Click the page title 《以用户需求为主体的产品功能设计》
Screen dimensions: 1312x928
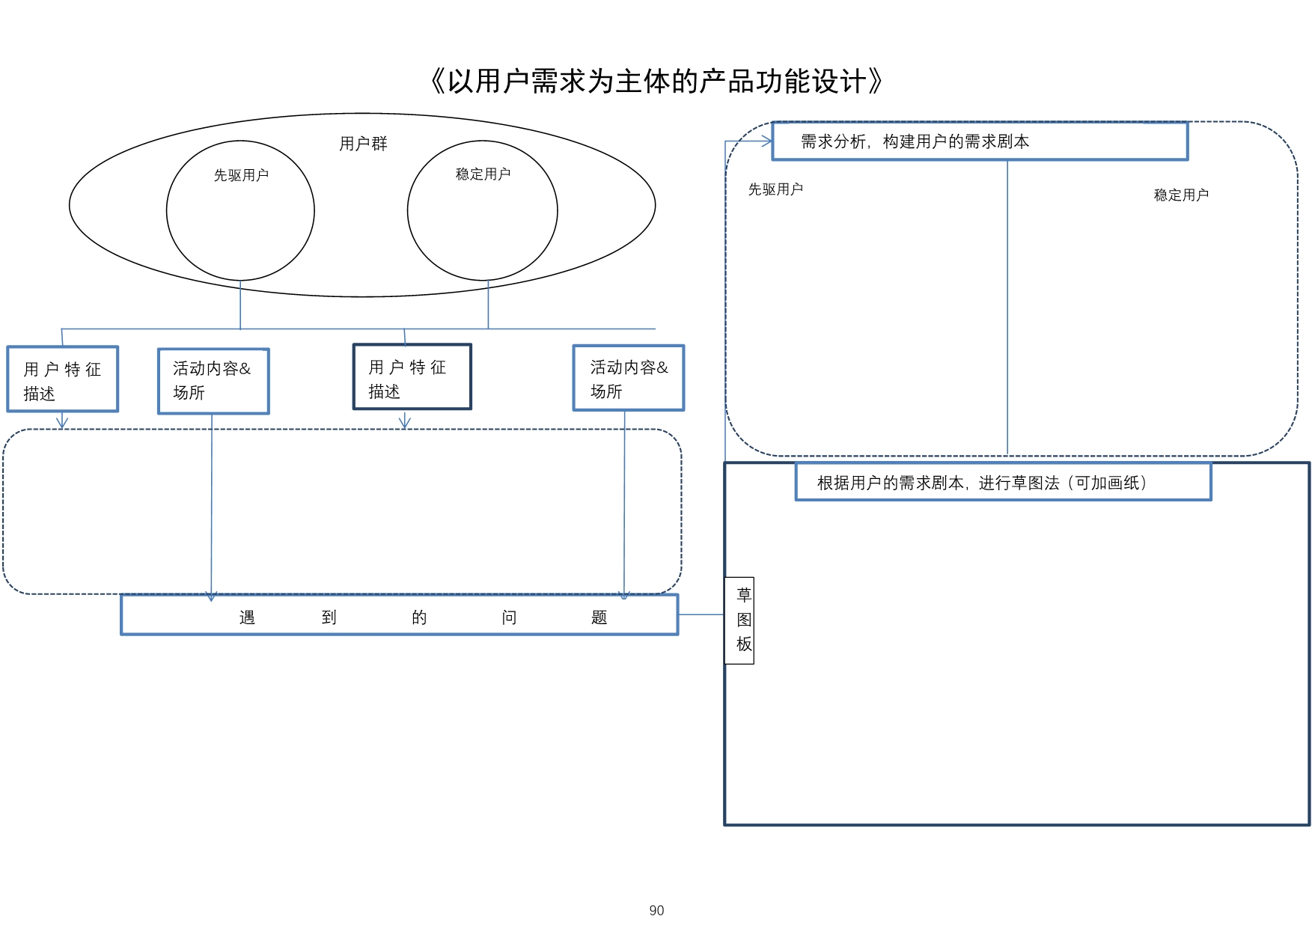pos(656,82)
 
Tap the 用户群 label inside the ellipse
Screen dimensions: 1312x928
pos(363,144)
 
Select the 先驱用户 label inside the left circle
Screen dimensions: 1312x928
pos(241,175)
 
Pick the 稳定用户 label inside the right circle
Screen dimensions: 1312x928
pos(483,174)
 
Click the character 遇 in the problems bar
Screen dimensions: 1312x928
pos(247,617)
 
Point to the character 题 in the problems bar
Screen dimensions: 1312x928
pos(599,617)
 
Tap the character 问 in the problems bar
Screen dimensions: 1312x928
pos(509,617)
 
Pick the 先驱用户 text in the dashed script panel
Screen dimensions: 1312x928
pos(775,189)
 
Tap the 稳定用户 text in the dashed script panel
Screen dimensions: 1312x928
pos(1181,195)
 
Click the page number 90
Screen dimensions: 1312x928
pos(656,910)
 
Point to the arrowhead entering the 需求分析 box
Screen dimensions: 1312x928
pos(767,141)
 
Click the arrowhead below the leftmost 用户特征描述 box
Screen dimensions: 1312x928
pos(62,424)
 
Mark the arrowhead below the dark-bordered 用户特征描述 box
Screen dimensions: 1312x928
pos(405,424)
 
